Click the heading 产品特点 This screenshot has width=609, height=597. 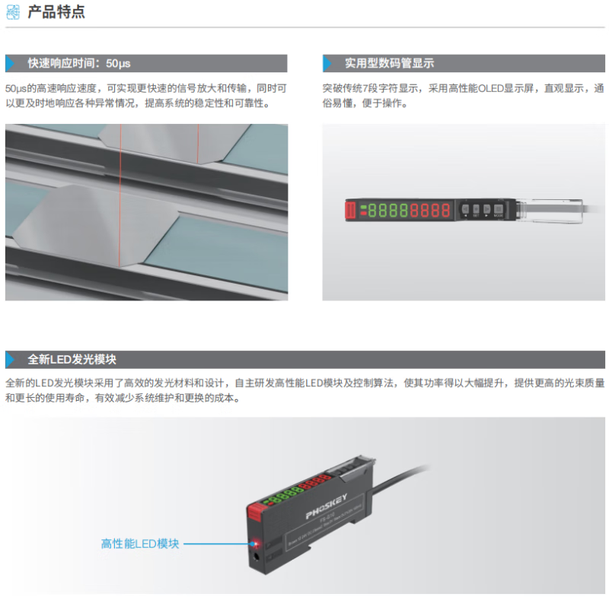[56, 12]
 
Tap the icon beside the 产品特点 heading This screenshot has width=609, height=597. [13, 12]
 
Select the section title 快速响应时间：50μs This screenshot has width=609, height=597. [79, 63]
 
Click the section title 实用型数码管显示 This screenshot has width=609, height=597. [389, 63]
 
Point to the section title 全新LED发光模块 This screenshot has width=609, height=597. [72, 360]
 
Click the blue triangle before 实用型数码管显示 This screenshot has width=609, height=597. [328, 63]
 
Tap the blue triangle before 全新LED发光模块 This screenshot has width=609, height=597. [11, 360]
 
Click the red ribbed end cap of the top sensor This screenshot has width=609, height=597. [352, 211]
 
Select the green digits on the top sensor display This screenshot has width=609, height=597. [386, 210]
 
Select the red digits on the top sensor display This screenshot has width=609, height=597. [430, 210]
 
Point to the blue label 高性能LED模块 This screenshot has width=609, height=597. [140, 544]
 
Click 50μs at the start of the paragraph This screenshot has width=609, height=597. [16, 88]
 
